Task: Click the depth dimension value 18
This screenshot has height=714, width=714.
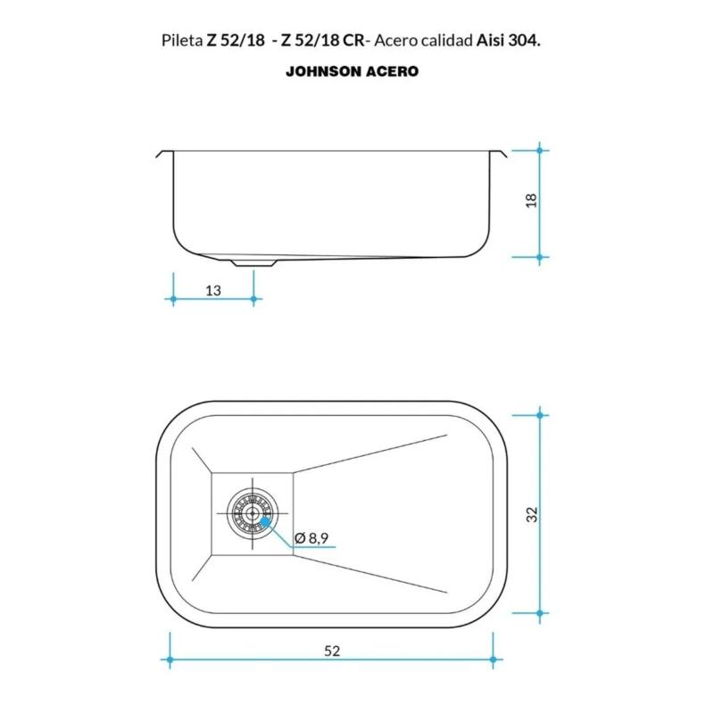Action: coord(532,201)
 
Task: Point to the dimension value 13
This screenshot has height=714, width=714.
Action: coord(213,290)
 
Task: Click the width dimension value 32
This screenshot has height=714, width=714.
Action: coord(532,515)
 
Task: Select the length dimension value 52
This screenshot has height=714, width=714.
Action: coord(332,651)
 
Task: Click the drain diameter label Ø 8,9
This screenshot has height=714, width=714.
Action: coord(312,538)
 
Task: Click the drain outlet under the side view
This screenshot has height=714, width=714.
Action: coord(254,262)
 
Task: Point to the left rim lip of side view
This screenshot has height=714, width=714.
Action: coord(162,154)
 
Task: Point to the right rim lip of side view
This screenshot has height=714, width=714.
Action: coord(503,154)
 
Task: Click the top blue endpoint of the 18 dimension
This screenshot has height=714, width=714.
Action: coord(540,151)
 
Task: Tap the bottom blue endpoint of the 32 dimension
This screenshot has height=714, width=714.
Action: coord(540,614)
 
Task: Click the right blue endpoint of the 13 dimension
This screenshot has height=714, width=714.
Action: coord(254,300)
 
